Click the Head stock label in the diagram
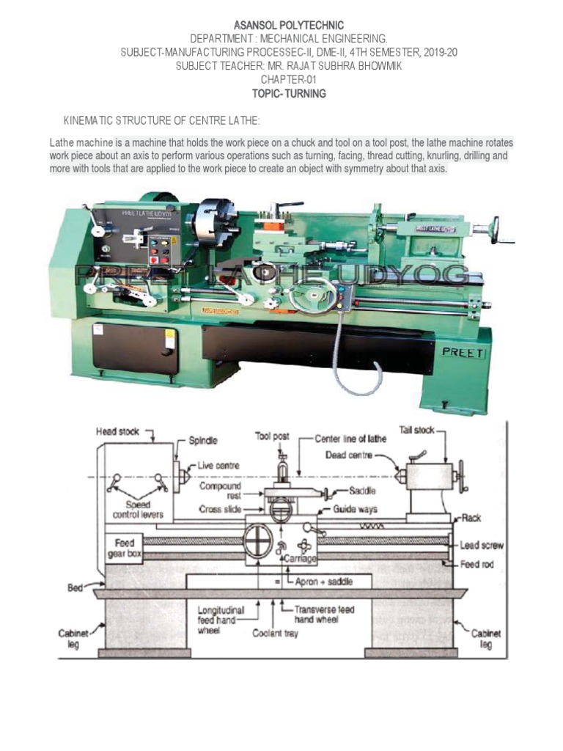click(117, 433)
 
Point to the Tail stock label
click(416, 431)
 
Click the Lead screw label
click(481, 546)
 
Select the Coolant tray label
click(276, 633)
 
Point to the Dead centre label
click(350, 454)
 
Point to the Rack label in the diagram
click(471, 518)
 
